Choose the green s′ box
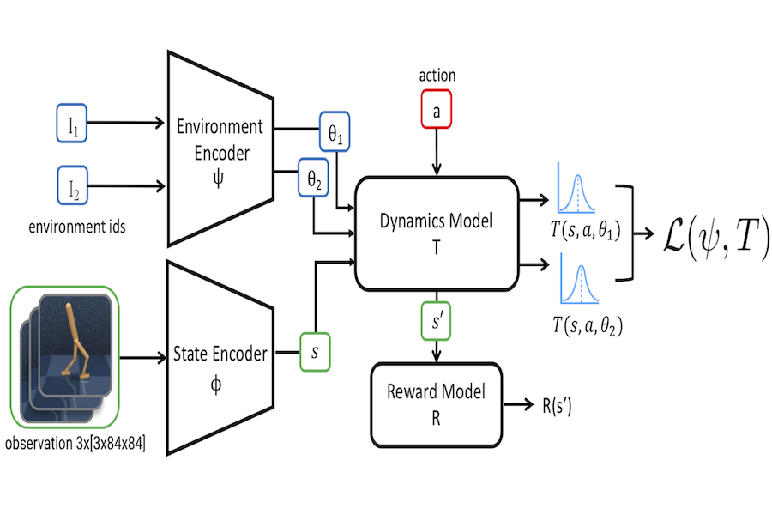tap(438, 320)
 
